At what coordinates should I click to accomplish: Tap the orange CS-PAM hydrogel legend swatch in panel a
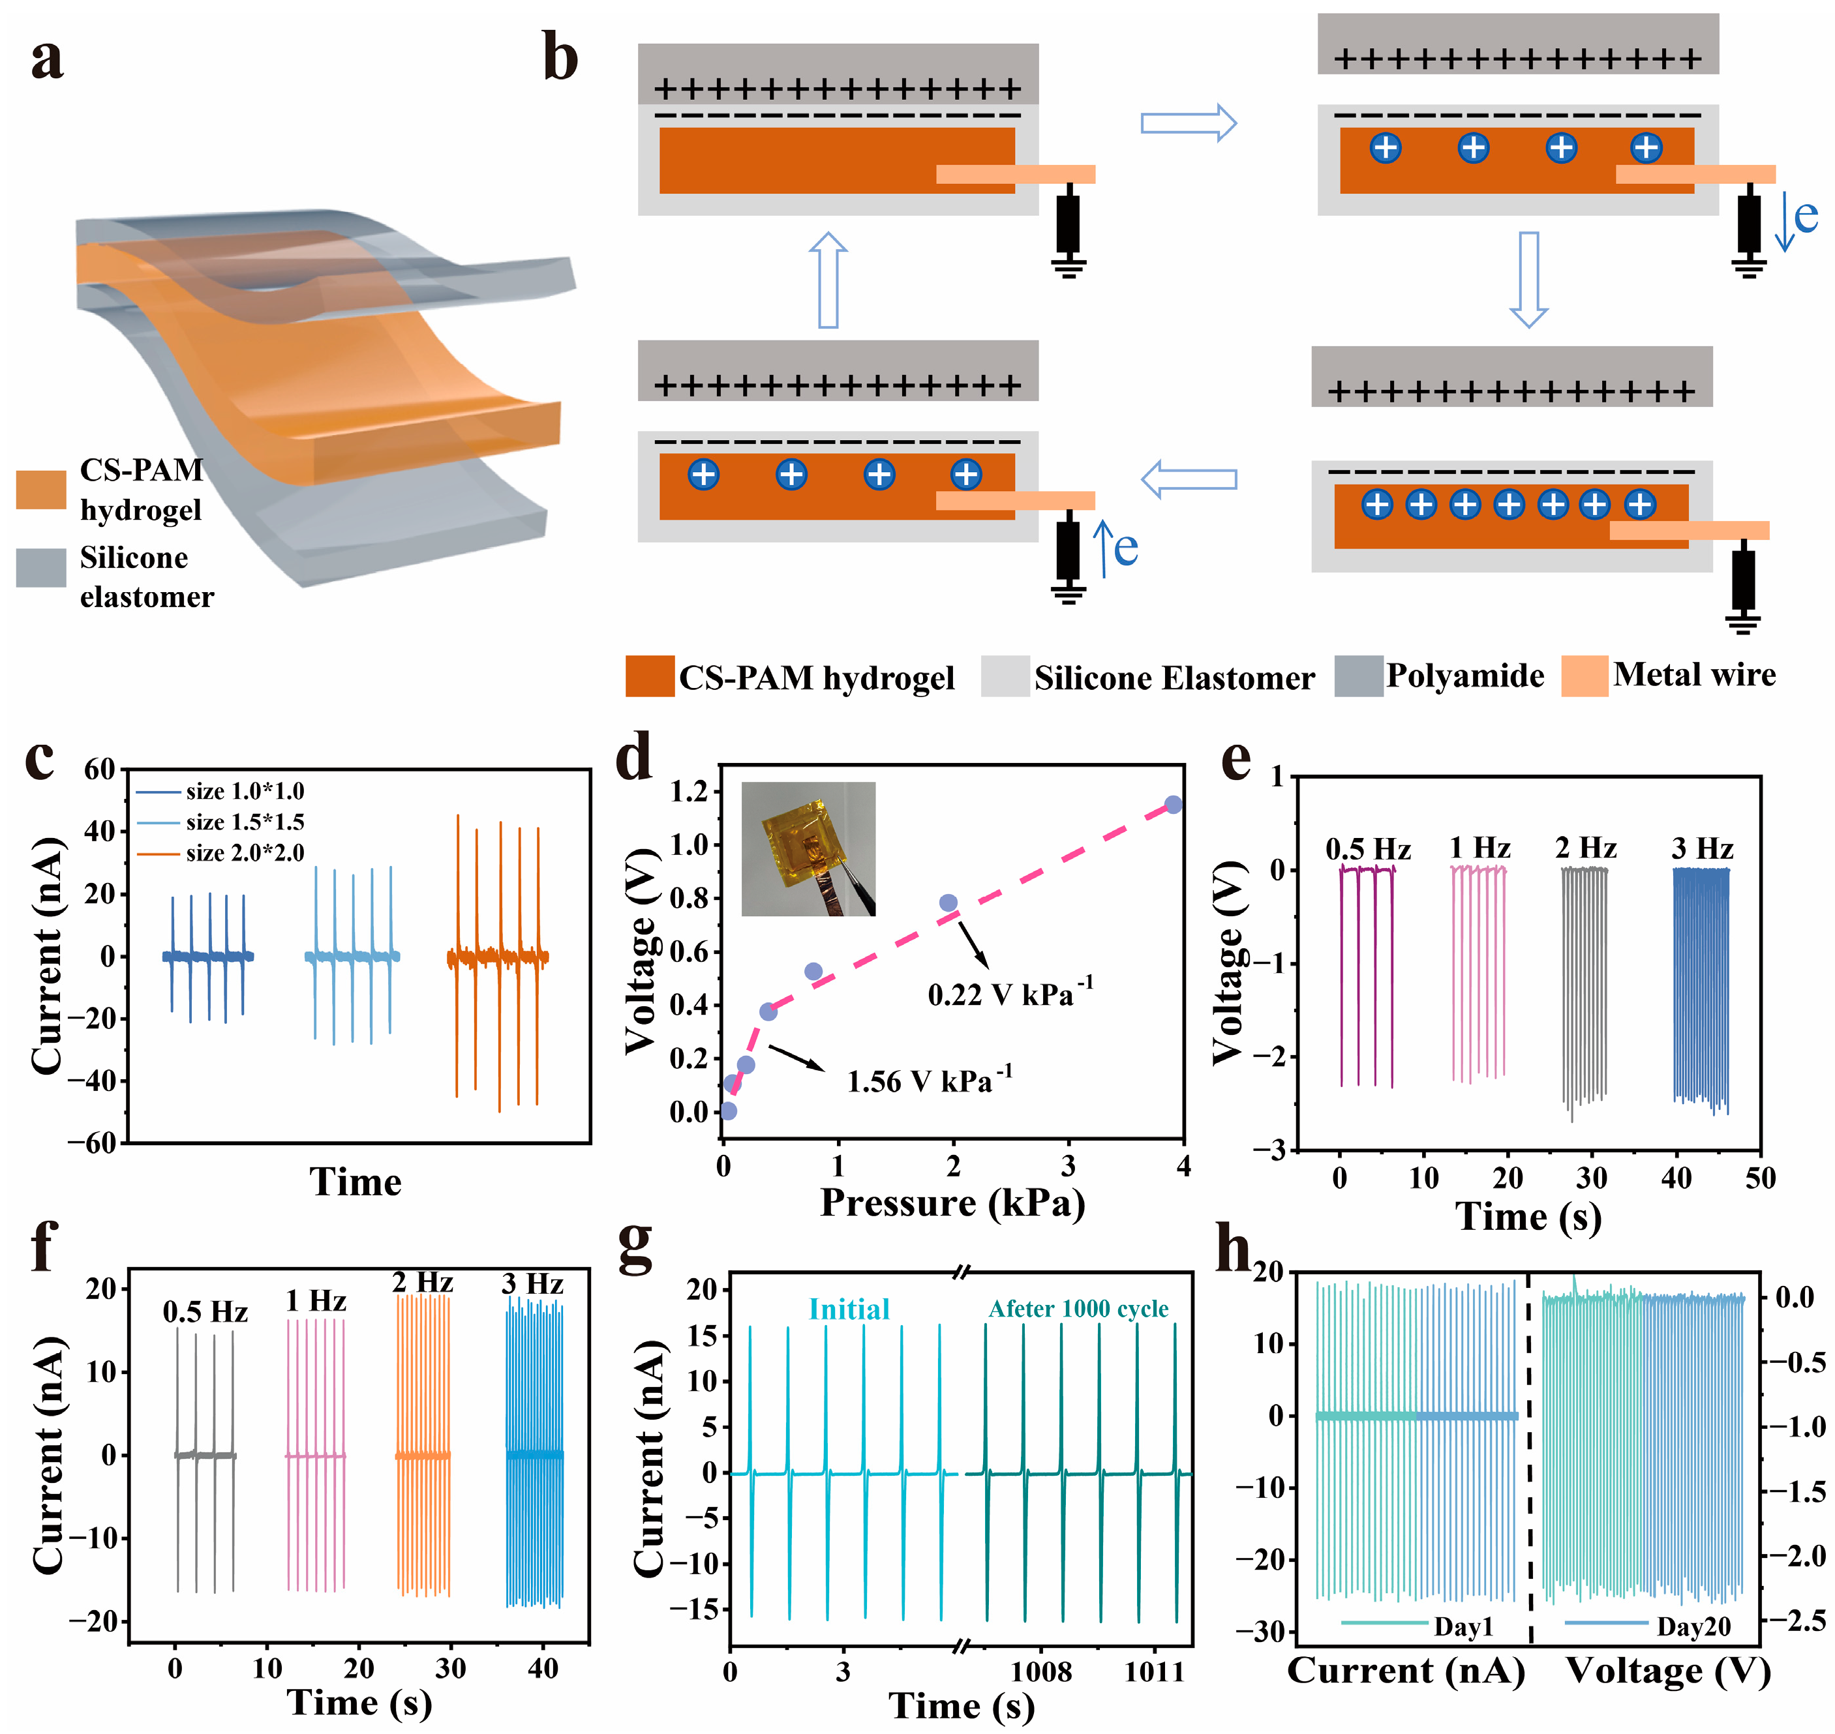pos(40,489)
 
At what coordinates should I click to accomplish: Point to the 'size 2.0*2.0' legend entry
pos(244,852)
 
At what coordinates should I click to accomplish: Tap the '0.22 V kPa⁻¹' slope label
pos(1010,994)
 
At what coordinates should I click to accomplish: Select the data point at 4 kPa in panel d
pos(1173,804)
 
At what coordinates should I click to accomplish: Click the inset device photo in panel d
pos(808,848)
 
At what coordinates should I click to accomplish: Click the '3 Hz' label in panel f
pos(532,1284)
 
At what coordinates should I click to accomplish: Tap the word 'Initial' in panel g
pos(849,1309)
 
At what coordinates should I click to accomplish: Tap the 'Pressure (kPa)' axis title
pos(952,1203)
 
